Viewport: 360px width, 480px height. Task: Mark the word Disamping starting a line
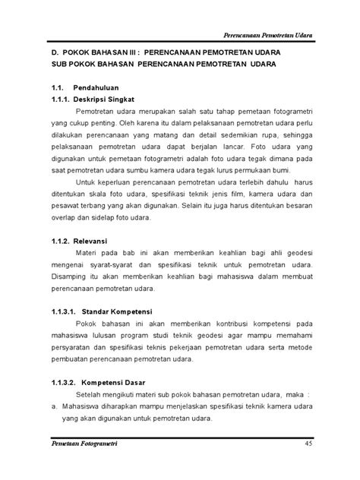(60, 276)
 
